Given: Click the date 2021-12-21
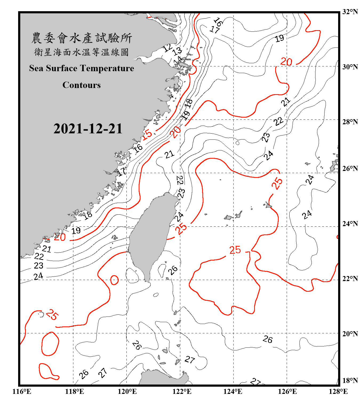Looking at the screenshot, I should point(88,129).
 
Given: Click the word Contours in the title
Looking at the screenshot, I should point(82,85).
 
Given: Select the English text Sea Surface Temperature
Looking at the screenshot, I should point(82,68).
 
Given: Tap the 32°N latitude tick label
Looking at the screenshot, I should point(350,12).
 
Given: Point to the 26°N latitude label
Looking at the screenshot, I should point(350,169).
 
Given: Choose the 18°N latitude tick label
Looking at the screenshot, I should point(350,381).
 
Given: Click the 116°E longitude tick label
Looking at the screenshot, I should point(22,391).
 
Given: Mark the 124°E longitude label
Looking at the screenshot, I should point(233,391).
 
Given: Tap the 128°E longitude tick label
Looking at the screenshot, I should point(338,391).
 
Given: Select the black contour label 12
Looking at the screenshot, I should point(168,48).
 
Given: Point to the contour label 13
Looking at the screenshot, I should point(177,51).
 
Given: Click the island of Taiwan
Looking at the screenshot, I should point(152,232).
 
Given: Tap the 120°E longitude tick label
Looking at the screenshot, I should point(127,391).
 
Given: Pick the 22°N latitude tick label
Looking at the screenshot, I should point(350,279).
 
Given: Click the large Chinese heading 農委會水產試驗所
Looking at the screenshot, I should point(82,38).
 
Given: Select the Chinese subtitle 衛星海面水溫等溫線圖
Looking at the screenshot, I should point(82,52).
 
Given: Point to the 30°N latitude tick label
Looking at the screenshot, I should point(350,67).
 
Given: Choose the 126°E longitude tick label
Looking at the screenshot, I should point(287,391).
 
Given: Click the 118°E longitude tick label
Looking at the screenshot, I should point(74,391).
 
